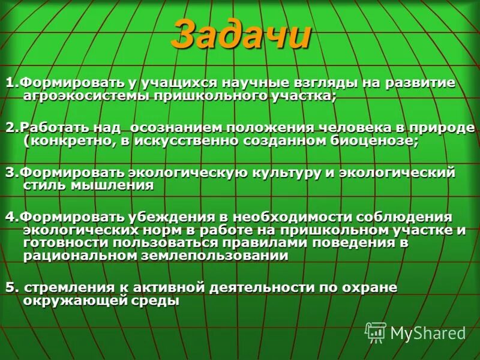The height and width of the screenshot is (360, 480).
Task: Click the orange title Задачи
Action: tap(241, 36)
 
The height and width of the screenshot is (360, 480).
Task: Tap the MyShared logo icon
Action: tap(376, 332)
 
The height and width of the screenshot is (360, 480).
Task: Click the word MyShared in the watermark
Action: tap(428, 333)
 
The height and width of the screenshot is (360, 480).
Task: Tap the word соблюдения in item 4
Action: tap(403, 217)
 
